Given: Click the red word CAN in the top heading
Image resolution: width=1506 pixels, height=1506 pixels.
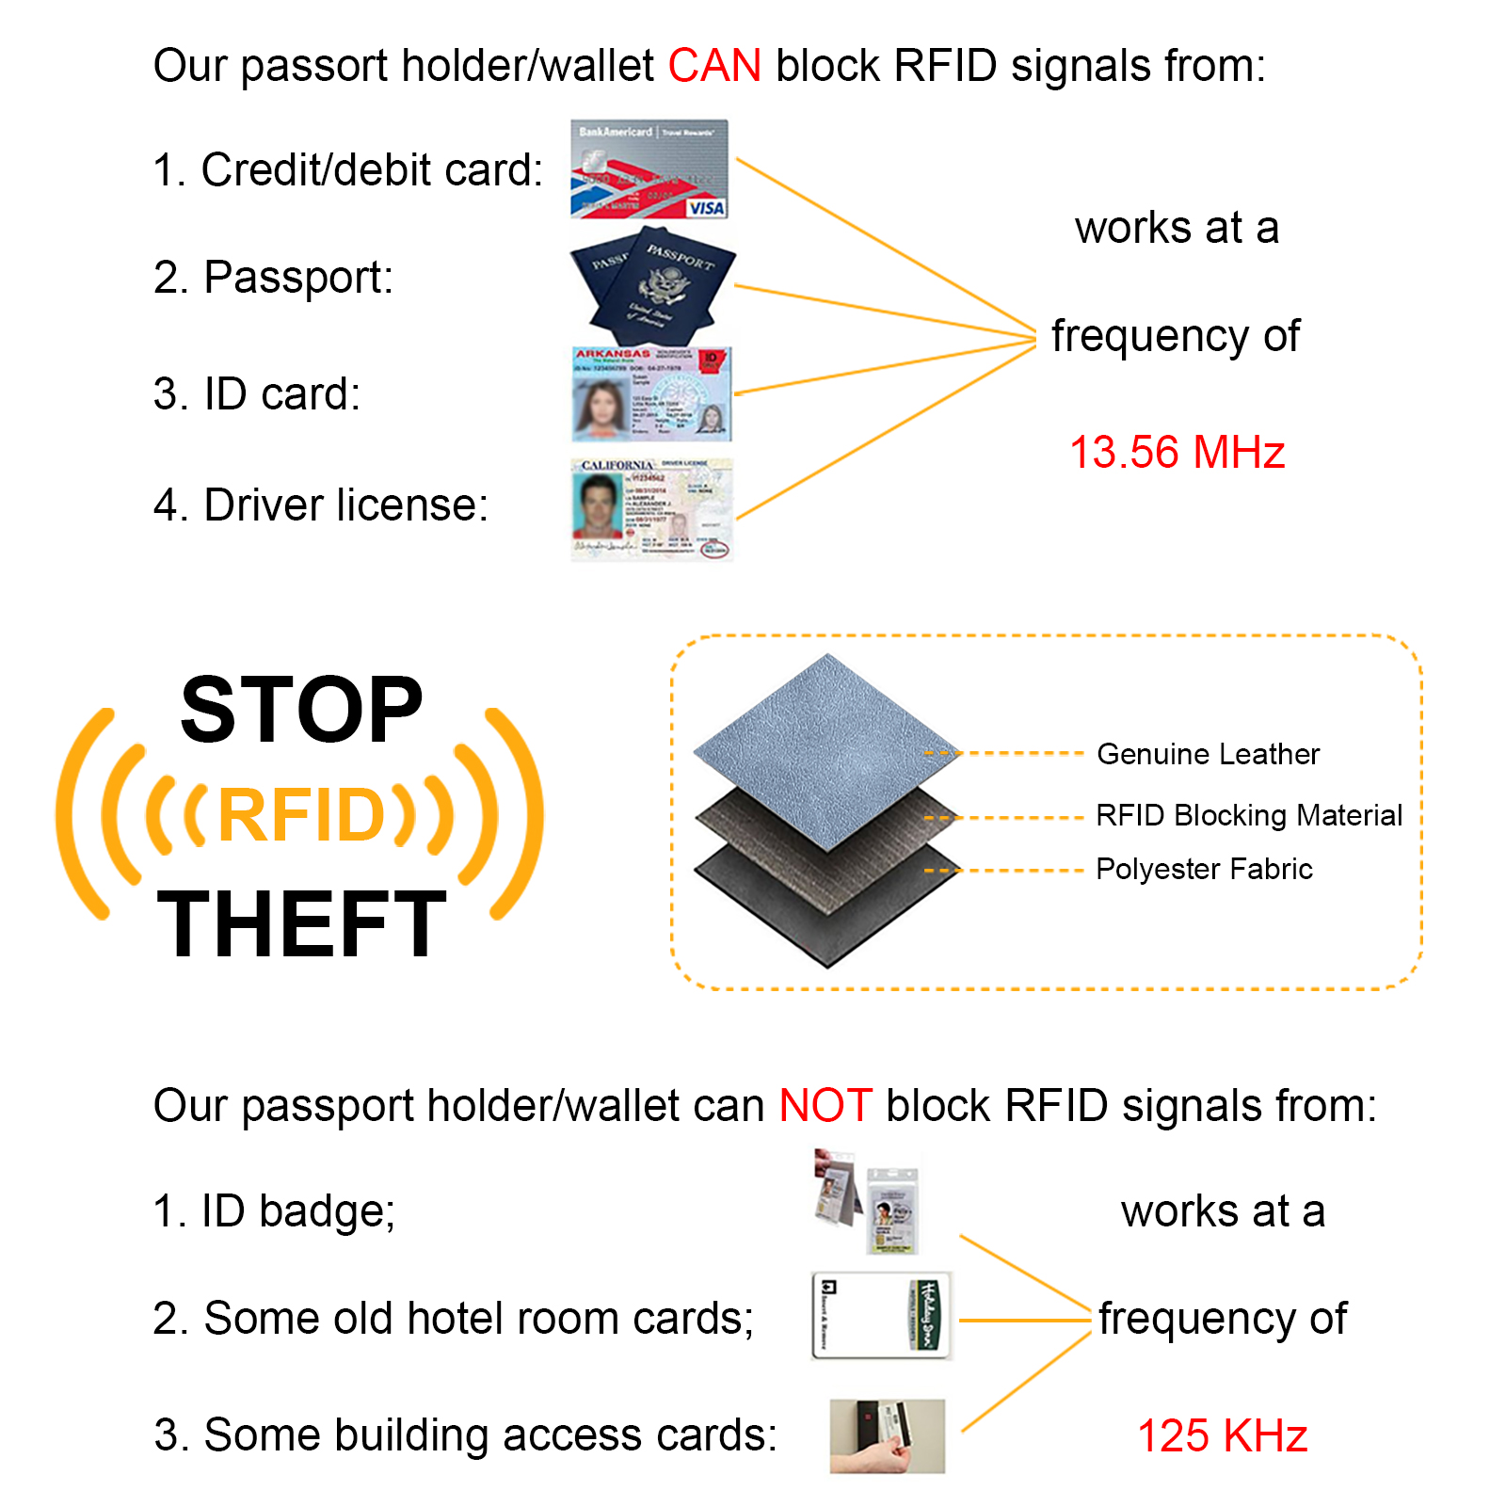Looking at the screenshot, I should coord(714,67).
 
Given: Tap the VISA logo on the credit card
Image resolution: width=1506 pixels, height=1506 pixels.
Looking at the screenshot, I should coord(706,208).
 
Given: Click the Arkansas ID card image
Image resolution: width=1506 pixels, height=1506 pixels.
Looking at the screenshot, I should coord(651,394).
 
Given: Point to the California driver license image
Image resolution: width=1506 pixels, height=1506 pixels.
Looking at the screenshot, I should coord(651,509).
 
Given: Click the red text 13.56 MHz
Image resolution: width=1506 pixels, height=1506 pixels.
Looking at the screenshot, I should coord(1177,453).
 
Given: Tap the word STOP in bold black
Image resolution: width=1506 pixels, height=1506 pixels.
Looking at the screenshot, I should coord(301,711).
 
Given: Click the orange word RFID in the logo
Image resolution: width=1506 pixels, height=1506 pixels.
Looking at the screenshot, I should coord(301,815).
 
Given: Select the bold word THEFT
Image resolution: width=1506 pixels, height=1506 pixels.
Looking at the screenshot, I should coord(301,925).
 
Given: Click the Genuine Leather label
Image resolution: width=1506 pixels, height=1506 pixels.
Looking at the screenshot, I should coord(1208,754).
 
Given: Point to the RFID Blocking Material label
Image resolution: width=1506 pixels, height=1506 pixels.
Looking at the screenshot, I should coord(1249,815).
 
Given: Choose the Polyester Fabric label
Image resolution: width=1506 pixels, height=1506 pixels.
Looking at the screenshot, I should coord(1204,869).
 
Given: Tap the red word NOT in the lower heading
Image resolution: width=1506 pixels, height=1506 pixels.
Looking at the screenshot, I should coord(825,1106).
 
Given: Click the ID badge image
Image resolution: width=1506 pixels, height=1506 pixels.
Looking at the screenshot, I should coord(868,1202).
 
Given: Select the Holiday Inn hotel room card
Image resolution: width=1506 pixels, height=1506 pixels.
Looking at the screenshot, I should coord(882,1316).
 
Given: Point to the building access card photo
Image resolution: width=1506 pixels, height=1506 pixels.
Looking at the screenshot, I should coord(887,1435).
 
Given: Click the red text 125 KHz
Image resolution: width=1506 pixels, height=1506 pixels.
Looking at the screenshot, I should coord(1222,1436).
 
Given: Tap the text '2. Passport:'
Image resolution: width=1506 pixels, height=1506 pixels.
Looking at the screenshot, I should coord(273,278).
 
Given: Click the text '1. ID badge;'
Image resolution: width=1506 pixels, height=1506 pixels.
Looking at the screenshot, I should coord(274,1211).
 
